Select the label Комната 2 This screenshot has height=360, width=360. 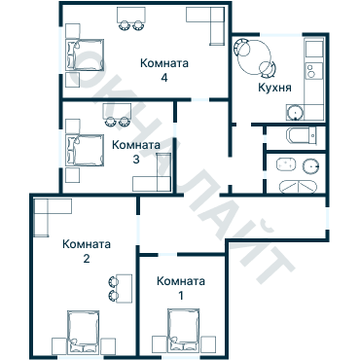coord(86,251)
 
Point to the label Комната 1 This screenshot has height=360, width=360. coord(181,287)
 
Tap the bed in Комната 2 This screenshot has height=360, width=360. coord(85,332)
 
